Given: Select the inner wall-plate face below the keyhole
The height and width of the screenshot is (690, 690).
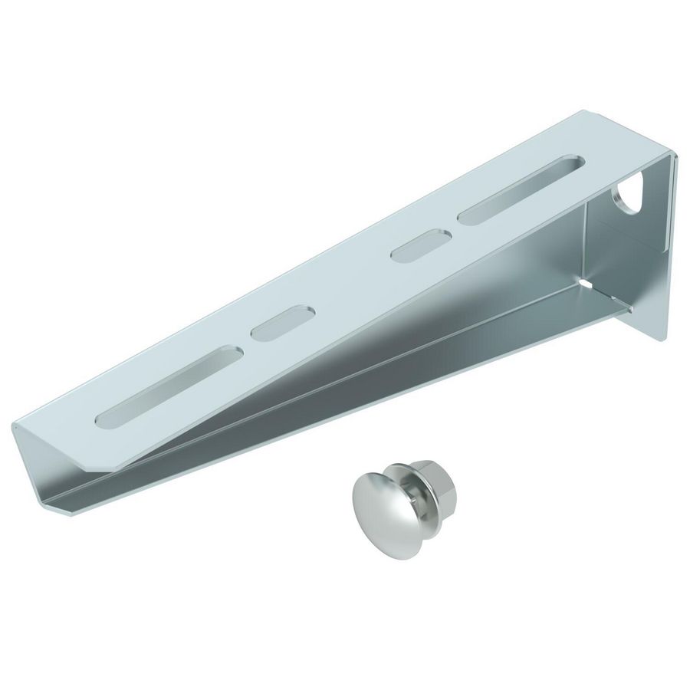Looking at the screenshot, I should pyautogui.click(x=629, y=261).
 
